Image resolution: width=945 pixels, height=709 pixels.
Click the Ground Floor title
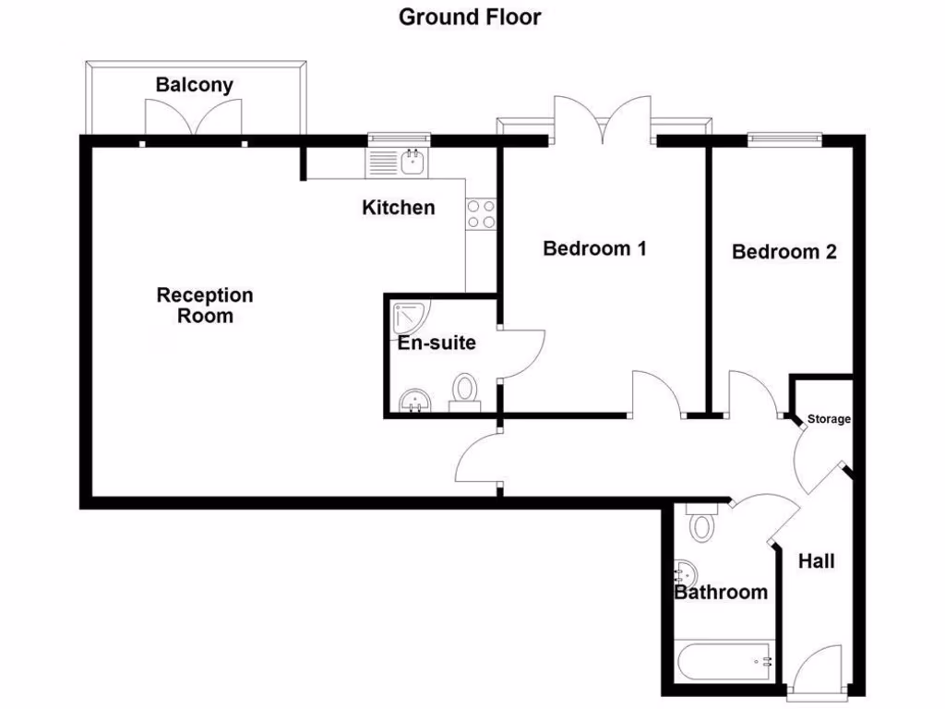pos(470,17)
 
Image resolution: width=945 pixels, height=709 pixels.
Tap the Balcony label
pos(194,85)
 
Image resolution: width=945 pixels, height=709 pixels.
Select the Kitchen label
pos(398,208)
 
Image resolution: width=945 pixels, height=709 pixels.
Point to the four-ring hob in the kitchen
pos(481,214)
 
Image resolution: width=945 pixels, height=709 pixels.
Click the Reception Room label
pos(205,306)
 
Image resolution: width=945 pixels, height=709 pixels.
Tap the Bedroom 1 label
pos(593,248)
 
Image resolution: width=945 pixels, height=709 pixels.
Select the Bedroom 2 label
pos(784,251)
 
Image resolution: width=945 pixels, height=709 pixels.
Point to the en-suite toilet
pos(464,391)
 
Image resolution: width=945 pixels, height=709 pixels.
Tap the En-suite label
pos(437,343)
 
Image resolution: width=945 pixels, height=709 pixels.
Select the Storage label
pos(829,419)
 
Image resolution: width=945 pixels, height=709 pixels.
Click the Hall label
pos(816,560)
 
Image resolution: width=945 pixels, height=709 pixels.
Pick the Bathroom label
pos(721,592)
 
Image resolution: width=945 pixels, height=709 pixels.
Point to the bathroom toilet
pos(702,523)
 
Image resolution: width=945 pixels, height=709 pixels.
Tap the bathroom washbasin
pos(686,573)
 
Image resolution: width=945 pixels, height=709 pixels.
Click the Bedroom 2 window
pos(784,139)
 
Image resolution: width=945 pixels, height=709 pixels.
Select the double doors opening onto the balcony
pos(193,120)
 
